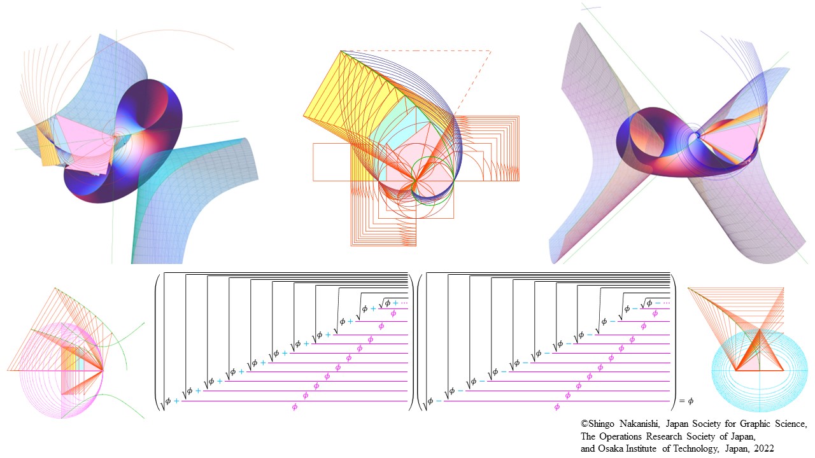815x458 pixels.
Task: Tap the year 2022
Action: pos(763,448)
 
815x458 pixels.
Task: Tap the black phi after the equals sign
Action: pos(691,401)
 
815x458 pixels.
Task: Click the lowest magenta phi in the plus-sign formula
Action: pos(294,407)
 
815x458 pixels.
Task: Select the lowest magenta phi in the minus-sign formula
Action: pos(557,407)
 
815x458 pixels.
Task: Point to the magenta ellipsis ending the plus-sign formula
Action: pos(404,303)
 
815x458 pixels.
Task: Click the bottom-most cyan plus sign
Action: pos(176,401)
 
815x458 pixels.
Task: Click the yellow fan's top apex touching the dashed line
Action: pos(341,51)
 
